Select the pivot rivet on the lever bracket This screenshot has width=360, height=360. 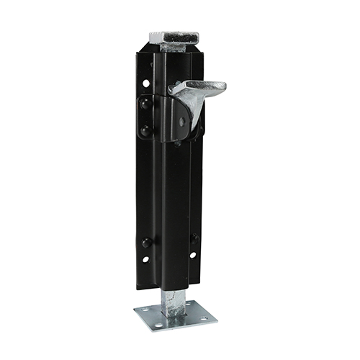pos(182,122)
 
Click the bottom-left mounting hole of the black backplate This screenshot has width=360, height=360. pos(145,259)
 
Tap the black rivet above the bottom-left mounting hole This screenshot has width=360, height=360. pos(146,242)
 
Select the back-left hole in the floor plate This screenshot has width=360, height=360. pos(143,312)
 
